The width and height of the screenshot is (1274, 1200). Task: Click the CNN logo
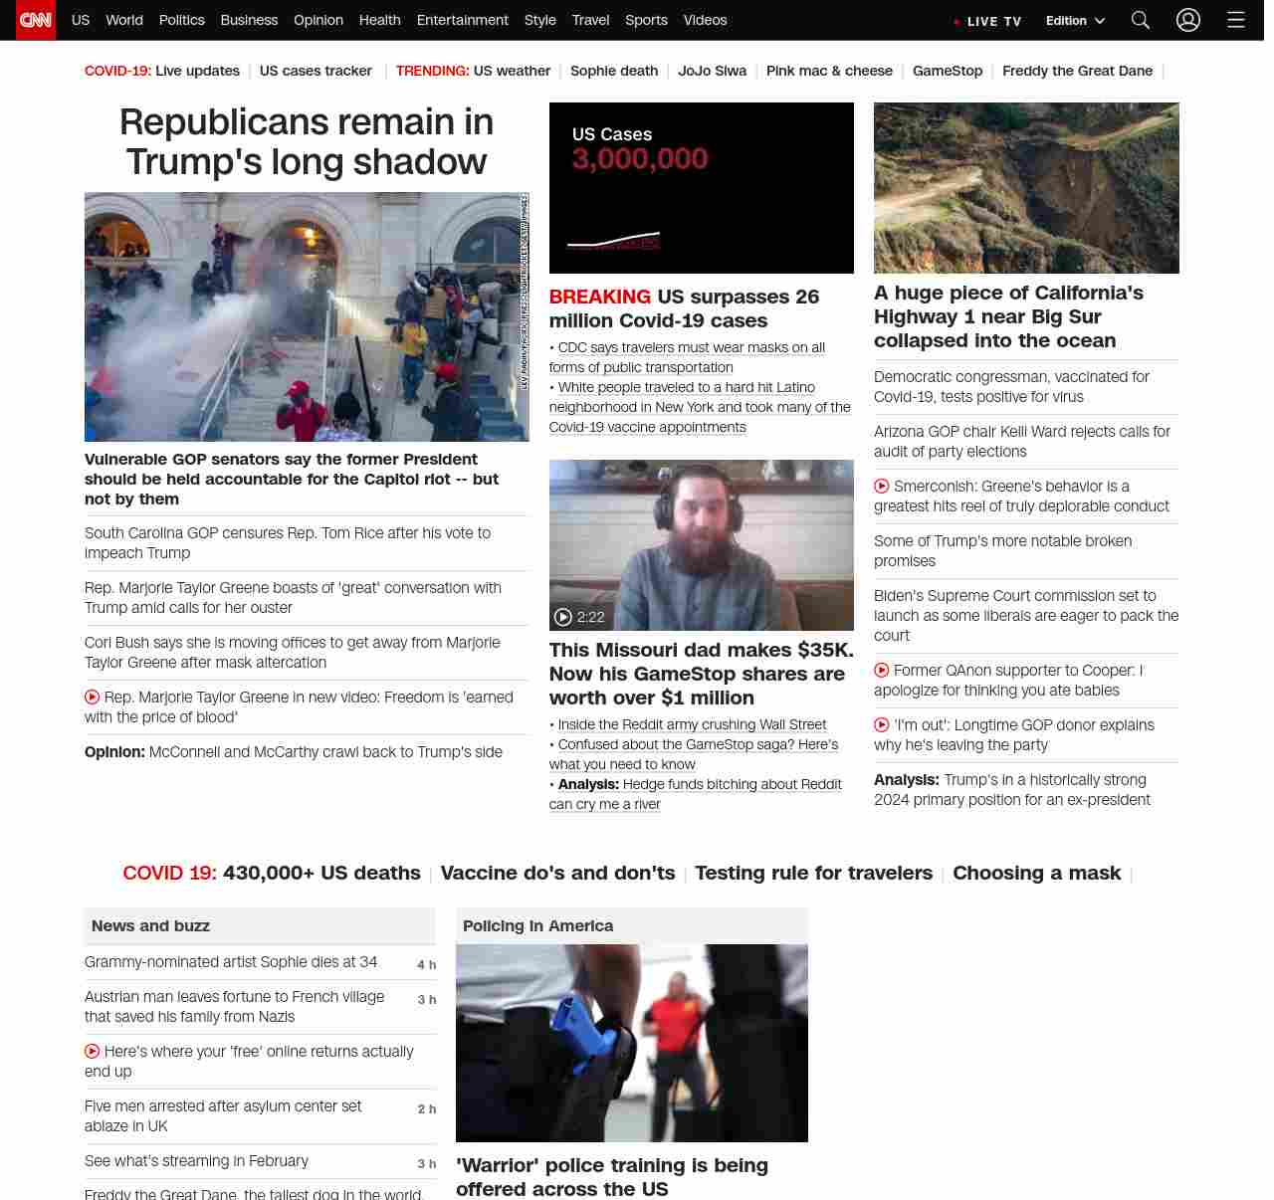[x=36, y=20]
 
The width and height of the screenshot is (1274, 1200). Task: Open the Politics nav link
[x=181, y=20]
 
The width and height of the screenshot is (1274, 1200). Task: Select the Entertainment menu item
[x=462, y=20]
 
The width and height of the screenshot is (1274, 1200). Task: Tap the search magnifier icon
[x=1140, y=20]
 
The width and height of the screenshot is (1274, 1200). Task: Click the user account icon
[x=1187, y=20]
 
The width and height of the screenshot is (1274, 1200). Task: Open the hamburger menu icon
[x=1235, y=20]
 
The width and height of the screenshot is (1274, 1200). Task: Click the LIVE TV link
[x=993, y=21]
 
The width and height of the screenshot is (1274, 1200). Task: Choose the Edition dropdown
[x=1075, y=21]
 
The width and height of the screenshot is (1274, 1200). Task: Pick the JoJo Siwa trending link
[x=712, y=71]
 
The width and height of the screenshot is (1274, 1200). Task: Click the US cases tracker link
[x=316, y=71]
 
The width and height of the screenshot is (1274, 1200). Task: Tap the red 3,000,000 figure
[x=639, y=159]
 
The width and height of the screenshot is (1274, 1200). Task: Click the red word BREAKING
[x=599, y=297]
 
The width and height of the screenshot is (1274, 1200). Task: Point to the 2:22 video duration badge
[x=580, y=617]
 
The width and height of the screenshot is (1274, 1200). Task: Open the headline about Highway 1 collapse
[x=1008, y=316]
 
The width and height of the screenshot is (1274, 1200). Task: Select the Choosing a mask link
[x=1036, y=873]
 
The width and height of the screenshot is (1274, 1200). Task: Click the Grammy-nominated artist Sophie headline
[x=231, y=962]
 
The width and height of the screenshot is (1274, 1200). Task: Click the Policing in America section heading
[x=537, y=925]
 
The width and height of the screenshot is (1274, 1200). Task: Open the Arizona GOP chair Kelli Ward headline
[x=1021, y=441]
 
